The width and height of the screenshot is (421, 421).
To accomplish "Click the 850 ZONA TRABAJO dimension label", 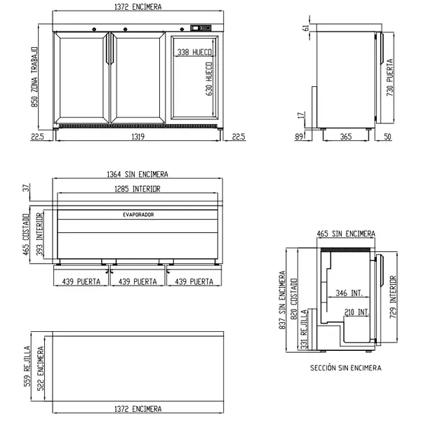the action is point(34,77).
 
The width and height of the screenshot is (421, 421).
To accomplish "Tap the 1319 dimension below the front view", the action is point(138,137).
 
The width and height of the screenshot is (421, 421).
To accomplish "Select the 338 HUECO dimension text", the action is point(194,52).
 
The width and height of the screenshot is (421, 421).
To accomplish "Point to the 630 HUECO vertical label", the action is point(209,79).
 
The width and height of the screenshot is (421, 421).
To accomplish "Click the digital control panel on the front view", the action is point(201,28).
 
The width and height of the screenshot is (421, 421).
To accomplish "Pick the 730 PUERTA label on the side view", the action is point(390,77).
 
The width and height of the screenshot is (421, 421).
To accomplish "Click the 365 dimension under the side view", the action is point(345,137).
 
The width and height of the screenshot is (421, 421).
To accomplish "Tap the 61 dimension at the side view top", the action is point(306,28).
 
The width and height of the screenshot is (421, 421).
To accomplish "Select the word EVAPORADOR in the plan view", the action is point(138,215).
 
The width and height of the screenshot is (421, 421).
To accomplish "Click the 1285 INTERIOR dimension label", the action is point(138,189).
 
